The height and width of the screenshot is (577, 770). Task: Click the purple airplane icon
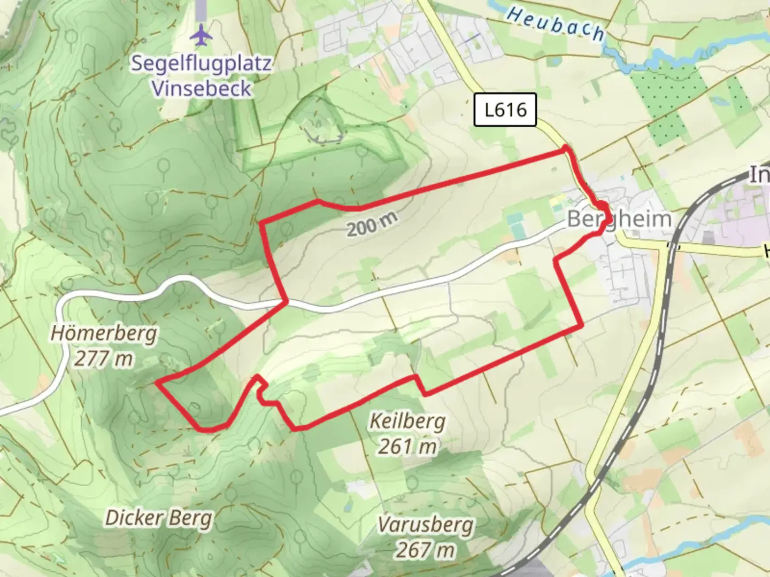[202, 35]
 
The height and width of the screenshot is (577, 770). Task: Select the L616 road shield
[505, 110]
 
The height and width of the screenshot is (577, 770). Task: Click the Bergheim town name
[619, 219]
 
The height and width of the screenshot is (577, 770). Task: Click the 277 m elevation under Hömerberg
[103, 358]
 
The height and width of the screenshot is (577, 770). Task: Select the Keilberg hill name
[407, 422]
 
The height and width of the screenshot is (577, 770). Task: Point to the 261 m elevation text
[407, 446]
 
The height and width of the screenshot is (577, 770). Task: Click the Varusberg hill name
[425, 525]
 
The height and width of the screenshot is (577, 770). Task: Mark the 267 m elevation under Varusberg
[425, 549]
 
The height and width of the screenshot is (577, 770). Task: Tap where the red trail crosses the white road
[287, 302]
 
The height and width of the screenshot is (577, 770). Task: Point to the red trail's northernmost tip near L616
[566, 152]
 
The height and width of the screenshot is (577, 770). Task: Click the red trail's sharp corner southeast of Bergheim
[581, 324]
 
